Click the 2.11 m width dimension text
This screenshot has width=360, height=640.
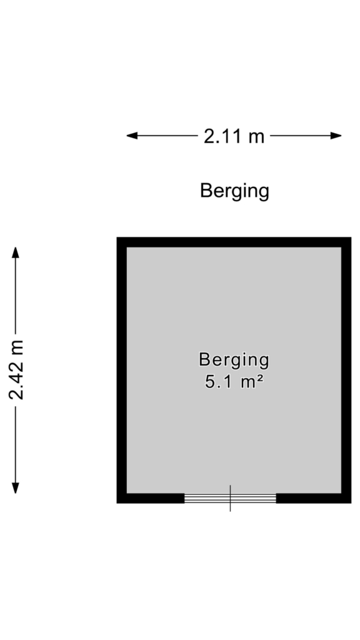(x=234, y=136)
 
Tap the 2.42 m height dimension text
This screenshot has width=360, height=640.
(x=17, y=370)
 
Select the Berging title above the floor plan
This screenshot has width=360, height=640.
(x=235, y=191)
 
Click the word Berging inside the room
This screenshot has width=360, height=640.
(x=234, y=360)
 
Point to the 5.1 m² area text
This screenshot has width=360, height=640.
(x=234, y=382)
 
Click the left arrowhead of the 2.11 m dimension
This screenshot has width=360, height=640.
(x=131, y=136)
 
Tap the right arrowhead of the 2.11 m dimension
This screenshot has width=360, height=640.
(x=336, y=136)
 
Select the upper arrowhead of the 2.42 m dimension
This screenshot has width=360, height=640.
(x=16, y=252)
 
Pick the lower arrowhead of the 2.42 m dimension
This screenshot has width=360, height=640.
(x=16, y=488)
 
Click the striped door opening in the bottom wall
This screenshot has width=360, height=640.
(x=230, y=498)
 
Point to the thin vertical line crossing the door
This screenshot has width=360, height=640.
(x=230, y=498)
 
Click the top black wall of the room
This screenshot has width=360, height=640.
(x=234, y=242)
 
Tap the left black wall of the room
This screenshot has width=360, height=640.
(x=122, y=370)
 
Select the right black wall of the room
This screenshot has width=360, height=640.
(x=346, y=370)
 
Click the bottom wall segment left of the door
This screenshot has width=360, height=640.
(x=151, y=498)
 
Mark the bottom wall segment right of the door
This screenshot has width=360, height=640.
(x=314, y=498)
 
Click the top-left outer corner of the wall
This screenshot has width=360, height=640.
(x=117, y=237)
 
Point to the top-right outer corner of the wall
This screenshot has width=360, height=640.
(x=351, y=237)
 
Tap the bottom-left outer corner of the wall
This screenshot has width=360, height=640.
(x=117, y=503)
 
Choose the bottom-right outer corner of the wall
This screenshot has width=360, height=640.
(x=351, y=503)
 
